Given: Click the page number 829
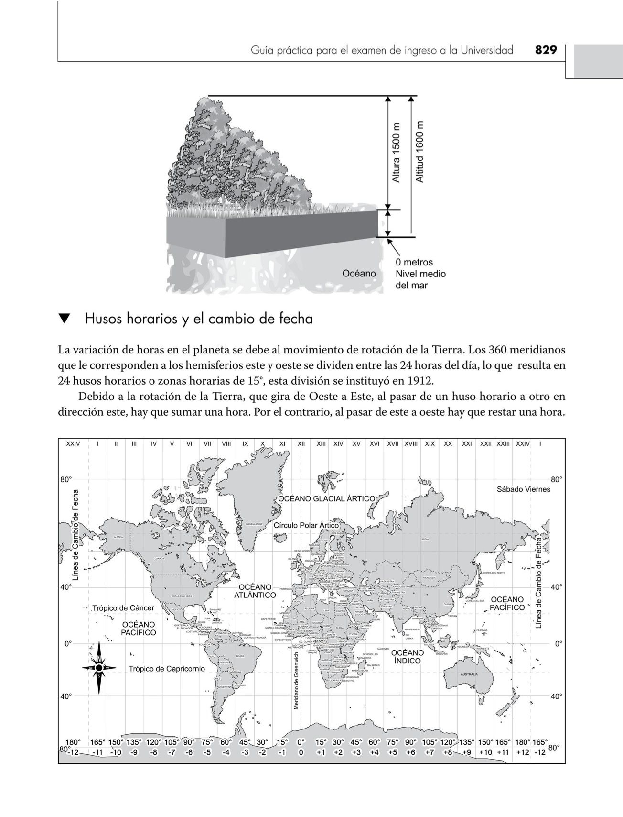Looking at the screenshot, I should [x=546, y=50].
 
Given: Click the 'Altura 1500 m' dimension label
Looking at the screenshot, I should [x=396, y=152].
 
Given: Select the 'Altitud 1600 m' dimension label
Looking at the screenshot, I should [x=419, y=152].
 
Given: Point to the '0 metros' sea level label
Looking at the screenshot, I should [x=414, y=262].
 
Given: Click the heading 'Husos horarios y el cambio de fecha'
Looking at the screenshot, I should [x=199, y=319].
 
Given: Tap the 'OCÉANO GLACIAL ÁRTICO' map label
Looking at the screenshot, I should [x=327, y=498].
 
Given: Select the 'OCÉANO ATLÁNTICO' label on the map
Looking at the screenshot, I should [x=255, y=591].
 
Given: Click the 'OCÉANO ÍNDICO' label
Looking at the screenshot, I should [x=408, y=657].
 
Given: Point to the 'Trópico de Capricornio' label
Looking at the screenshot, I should [x=167, y=668].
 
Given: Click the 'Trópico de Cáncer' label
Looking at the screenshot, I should [x=123, y=608].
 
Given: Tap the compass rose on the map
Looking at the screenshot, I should [x=99, y=667].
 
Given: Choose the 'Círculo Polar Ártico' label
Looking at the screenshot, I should [x=306, y=525].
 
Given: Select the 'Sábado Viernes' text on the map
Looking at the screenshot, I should [x=524, y=489].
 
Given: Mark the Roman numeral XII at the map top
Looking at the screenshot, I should [x=301, y=444].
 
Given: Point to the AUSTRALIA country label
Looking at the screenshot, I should [x=469, y=674].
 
